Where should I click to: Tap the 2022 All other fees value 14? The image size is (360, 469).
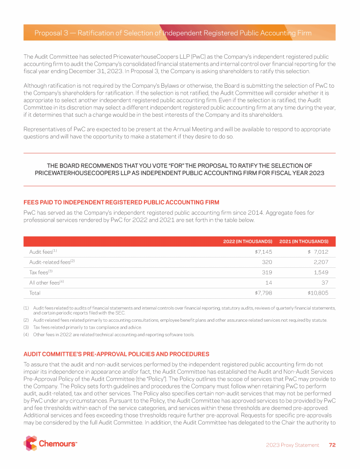(269, 282)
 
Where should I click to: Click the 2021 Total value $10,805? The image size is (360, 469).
(318, 293)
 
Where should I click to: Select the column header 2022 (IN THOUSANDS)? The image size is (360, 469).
(247, 242)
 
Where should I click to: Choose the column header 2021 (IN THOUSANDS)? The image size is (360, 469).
(304, 242)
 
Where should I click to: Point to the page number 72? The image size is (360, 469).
(332, 445)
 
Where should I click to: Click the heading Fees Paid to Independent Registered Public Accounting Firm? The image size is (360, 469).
(121, 203)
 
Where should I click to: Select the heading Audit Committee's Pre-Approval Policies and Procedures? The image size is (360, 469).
(116, 354)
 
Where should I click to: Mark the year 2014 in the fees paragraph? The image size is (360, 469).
(249, 212)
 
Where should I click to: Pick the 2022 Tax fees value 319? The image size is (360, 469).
(267, 272)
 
